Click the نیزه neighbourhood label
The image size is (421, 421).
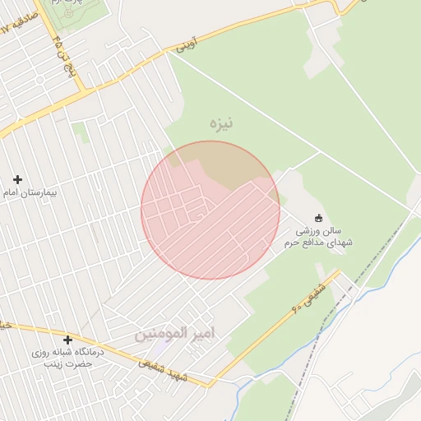tap(221, 124)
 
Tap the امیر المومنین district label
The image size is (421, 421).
tap(174, 334)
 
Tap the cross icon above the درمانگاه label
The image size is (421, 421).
tap(67, 340)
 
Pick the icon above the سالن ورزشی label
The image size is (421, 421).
tap(319, 219)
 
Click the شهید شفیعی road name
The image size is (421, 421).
tap(164, 368)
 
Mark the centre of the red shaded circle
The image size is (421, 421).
tap(210, 210)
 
